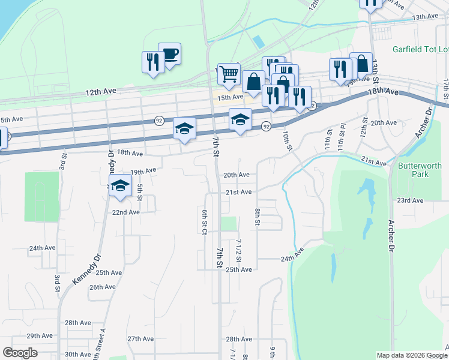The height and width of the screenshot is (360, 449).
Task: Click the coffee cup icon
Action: pyautogui.click(x=170, y=54)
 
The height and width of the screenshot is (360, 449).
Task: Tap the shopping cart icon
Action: pyautogui.click(x=229, y=74)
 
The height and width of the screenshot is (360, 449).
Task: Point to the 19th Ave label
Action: pyautogui.click(x=143, y=171)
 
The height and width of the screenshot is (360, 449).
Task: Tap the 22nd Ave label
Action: pyautogui.click(x=126, y=212)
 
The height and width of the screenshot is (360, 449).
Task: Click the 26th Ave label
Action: pyautogui.click(x=102, y=287)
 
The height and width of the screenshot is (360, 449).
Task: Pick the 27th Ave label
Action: pyautogui.click(x=142, y=338)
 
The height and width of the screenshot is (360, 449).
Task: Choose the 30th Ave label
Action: pyautogui.click(x=78, y=354)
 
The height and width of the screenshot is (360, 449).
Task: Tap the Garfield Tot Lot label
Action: pyautogui.click(x=420, y=49)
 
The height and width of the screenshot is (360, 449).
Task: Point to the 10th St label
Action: pyautogui.click(x=287, y=142)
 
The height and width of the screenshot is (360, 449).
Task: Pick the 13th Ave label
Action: pyautogui.click(x=425, y=17)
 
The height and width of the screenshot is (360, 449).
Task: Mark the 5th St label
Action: pyautogui.click(x=139, y=193)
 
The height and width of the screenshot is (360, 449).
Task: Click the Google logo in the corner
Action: pyautogui.click(x=20, y=353)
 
